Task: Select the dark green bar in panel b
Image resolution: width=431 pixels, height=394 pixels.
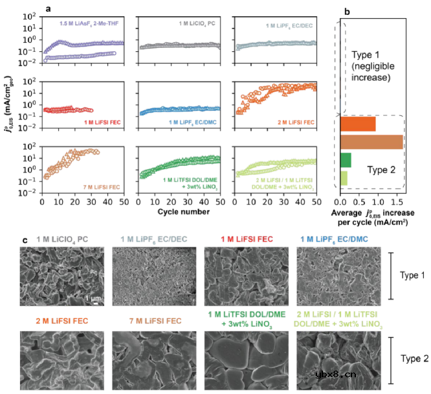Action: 345,159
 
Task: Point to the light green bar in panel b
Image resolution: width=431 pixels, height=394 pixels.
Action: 343,177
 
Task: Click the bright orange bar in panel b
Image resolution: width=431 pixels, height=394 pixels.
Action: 357,124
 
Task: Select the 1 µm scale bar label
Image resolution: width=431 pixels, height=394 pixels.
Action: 92,297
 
